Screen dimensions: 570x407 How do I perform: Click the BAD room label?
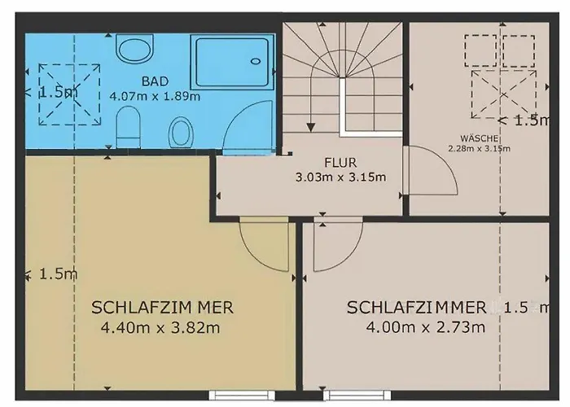(155, 81)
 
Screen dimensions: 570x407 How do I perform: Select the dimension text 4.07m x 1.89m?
(155, 96)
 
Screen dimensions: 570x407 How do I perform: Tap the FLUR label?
(340, 163)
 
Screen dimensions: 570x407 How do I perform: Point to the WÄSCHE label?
(479, 138)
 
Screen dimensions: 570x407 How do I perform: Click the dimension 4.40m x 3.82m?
(160, 328)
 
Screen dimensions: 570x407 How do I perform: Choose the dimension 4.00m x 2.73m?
(425, 327)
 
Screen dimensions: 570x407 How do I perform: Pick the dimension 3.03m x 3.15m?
(340, 177)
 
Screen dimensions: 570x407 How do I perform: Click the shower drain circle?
(256, 61)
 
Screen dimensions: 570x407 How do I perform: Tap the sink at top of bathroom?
(135, 48)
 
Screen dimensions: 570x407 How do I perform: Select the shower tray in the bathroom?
(232, 61)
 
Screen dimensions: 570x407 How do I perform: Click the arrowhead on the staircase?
(310, 127)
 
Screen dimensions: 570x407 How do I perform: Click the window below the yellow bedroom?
(241, 394)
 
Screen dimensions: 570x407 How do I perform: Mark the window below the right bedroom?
(357, 394)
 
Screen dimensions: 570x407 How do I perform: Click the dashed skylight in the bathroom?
(69, 94)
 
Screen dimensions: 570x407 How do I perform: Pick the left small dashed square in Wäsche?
(480, 50)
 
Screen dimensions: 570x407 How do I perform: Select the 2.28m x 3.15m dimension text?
(479, 148)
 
